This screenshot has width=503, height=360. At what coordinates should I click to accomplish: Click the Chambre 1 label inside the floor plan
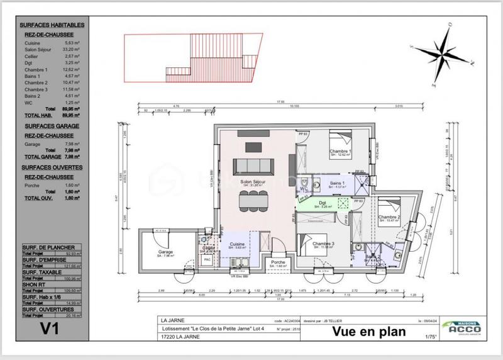point(340,152)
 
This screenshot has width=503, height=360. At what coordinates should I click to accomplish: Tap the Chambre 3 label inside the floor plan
point(323,244)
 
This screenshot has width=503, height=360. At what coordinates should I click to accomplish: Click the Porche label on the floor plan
point(279,262)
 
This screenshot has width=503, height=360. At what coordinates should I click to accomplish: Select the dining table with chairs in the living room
point(254,200)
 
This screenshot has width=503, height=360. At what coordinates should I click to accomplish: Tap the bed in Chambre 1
point(341,138)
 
